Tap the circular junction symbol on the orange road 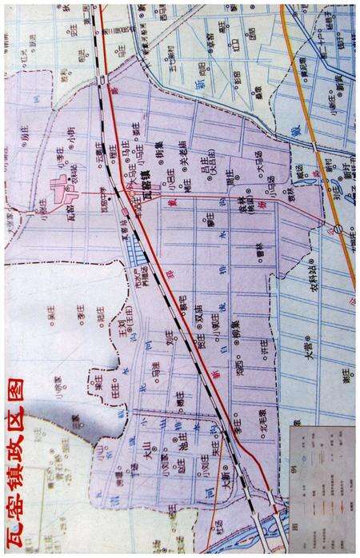(x=338, y=229)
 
